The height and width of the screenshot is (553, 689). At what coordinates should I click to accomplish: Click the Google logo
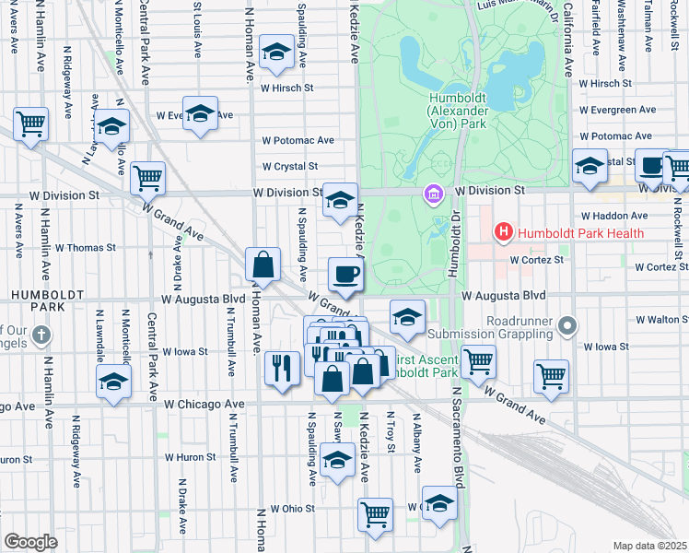30,542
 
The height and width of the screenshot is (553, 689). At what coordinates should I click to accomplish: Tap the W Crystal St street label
289,167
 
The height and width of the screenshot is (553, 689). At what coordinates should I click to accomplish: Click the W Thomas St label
85,248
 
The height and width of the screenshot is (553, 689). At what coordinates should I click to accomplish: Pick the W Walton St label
661,319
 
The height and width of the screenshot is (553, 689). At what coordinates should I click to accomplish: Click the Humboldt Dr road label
453,244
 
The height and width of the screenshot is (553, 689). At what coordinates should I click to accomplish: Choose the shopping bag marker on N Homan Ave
263,265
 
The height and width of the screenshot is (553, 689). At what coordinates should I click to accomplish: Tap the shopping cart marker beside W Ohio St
375,514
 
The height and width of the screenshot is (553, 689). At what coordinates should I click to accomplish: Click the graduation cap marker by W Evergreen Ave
200,114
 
